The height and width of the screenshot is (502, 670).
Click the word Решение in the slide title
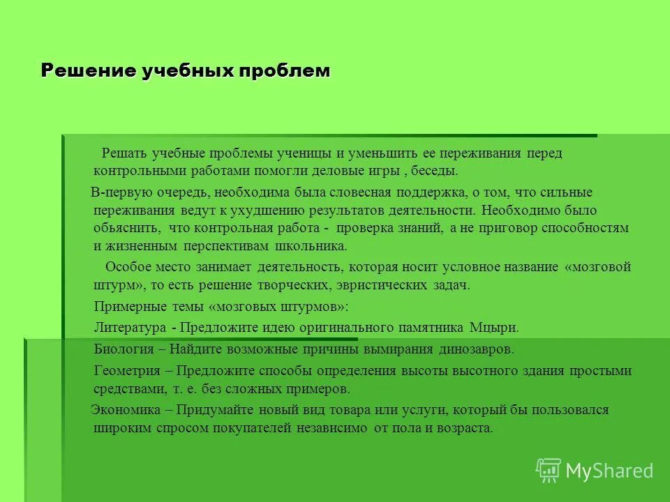pos(82,70)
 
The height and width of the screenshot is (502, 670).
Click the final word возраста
pos(465,428)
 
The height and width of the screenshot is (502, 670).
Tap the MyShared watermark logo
pos(595,470)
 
